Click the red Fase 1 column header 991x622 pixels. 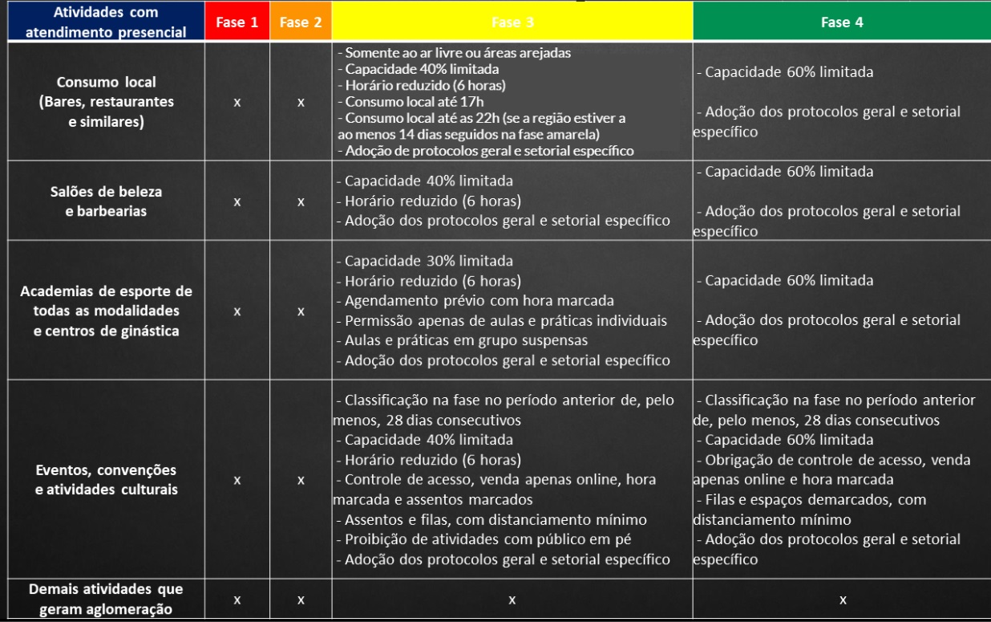tap(237, 22)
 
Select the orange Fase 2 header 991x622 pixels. tap(301, 22)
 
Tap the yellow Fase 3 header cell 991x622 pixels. tap(512, 22)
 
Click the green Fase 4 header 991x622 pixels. tap(842, 22)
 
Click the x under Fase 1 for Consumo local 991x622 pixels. tap(237, 103)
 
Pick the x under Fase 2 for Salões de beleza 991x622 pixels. tap(301, 202)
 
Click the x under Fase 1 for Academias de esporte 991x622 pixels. tap(237, 311)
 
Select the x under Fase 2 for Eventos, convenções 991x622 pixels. tap(301, 480)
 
